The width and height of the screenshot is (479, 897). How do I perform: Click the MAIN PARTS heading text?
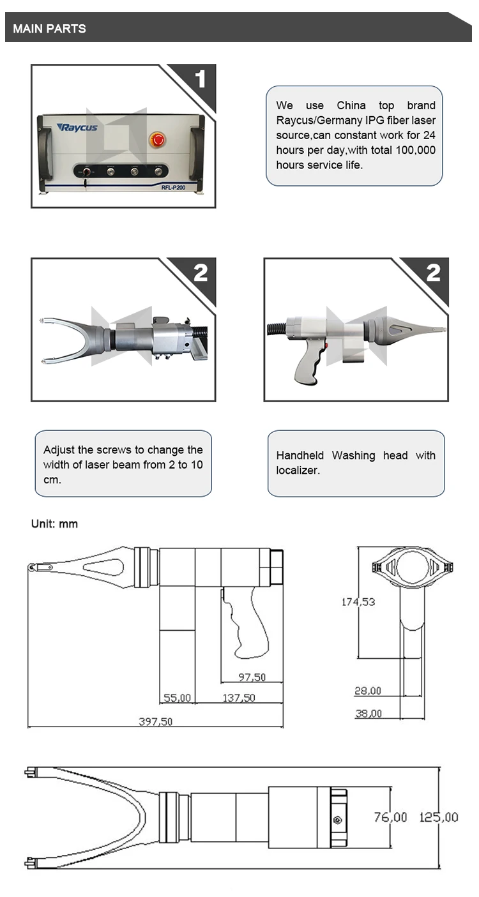coord(49,29)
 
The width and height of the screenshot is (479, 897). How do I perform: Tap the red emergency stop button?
coord(156,139)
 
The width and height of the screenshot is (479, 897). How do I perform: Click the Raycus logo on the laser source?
coord(77,127)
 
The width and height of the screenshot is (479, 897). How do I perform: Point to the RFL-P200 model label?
coord(173,188)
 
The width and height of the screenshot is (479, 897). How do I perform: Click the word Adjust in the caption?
coord(59,450)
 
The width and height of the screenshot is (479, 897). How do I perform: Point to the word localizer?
coord(298,470)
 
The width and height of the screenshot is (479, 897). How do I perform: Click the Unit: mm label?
coord(54,524)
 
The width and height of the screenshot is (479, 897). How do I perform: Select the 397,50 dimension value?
coord(155,721)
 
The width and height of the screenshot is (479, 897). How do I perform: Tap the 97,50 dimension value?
coord(252,677)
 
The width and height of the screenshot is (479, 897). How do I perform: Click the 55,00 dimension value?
coord(177,698)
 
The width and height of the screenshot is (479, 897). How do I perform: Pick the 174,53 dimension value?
coord(358,602)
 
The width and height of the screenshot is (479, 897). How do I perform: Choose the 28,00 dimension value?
coord(368,691)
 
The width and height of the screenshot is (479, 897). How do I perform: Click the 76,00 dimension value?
coord(390,817)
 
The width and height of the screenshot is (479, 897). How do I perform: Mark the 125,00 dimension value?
coord(439,817)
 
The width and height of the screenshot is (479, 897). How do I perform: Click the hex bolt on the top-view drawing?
coord(338,820)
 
